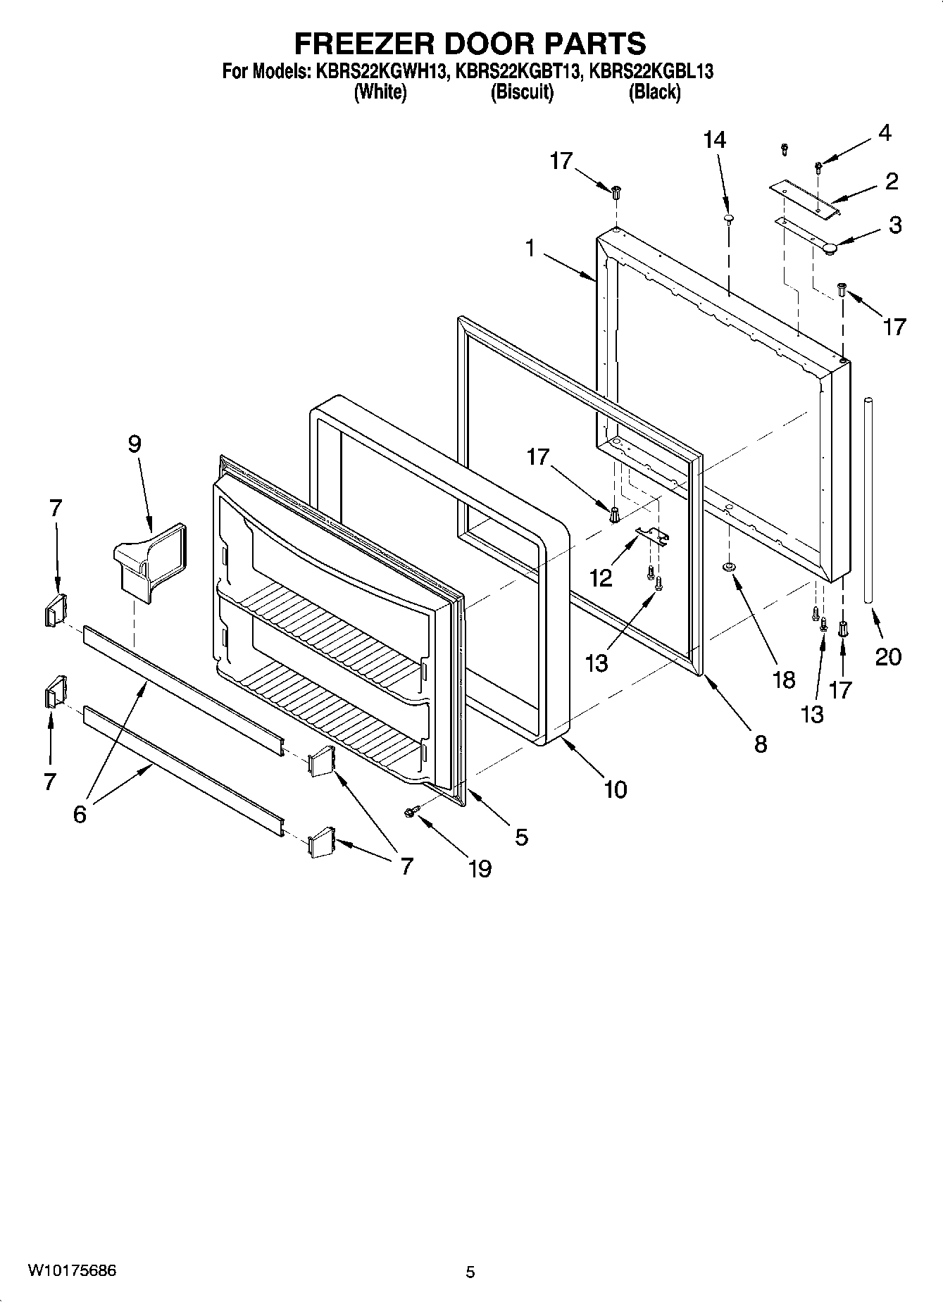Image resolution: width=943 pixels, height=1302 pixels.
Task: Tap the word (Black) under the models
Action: [x=654, y=92]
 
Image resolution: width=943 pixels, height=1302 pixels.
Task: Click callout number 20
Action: [x=888, y=656]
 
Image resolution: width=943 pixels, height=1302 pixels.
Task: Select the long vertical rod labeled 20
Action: [x=869, y=500]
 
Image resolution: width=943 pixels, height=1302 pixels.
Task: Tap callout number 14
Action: [x=714, y=139]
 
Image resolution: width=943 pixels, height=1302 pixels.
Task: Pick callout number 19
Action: [x=480, y=868]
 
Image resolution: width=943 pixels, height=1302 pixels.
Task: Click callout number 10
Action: [x=615, y=789]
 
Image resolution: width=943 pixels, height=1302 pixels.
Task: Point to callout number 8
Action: [x=761, y=744]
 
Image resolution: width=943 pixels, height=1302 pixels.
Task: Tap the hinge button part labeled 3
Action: [x=831, y=247]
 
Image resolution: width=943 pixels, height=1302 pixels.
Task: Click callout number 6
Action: [x=80, y=814]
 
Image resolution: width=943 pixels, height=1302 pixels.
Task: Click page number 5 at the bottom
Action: [x=470, y=1272]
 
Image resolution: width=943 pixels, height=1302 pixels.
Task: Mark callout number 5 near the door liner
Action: [x=521, y=837]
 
